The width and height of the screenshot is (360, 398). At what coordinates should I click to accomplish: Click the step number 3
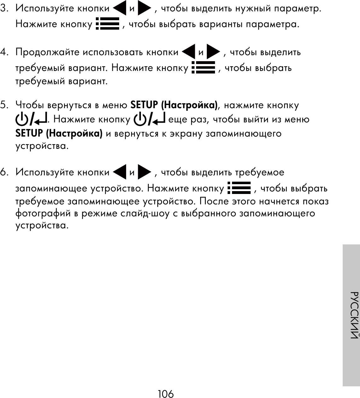pos(4,9)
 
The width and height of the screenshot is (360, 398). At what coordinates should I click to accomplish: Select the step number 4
pos(4,52)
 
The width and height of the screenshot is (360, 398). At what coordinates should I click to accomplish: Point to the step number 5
pos(4,105)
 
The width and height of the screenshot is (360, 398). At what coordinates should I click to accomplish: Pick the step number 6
pos(4,173)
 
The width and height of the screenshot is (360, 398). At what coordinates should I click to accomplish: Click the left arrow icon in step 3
pos(119,9)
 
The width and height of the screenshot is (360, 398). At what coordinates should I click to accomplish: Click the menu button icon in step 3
pos(107,24)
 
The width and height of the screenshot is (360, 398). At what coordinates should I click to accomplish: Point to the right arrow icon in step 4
pos(213,52)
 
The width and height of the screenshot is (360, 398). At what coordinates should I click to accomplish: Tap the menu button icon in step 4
pos(203,67)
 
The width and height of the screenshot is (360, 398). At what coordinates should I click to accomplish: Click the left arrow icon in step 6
pos(119,173)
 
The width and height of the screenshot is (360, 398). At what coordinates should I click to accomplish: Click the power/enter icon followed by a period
pos(31,119)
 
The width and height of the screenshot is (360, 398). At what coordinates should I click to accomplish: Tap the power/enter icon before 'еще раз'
pos(150,119)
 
